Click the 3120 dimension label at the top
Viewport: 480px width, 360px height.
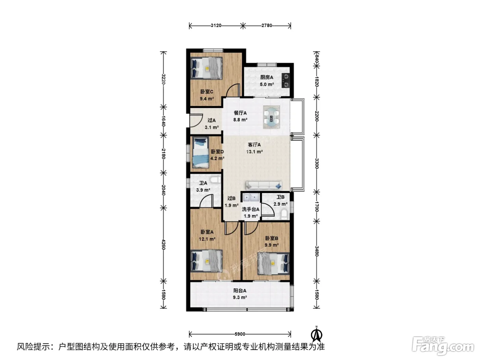coord(216,26)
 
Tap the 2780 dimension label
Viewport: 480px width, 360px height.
coord(266,26)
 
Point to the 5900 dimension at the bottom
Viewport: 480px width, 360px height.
coord(240,334)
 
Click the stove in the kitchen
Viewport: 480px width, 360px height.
coord(285,80)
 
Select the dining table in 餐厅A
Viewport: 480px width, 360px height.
coord(272,117)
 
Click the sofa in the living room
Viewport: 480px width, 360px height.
coord(264,185)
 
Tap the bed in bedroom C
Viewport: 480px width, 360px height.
coord(207,68)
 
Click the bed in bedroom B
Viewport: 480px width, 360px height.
coord(273,263)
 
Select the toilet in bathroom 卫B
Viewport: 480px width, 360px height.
coord(284,214)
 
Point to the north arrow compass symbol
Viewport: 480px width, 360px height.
coord(316,334)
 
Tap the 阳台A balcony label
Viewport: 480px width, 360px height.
coord(240,290)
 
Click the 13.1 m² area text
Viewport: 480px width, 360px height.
coord(254,152)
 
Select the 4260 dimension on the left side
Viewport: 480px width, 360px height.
coord(163,244)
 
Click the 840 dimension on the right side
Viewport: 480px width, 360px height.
coord(316,59)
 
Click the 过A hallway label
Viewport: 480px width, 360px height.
coord(212,120)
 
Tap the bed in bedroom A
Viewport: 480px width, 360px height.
coord(207,261)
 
